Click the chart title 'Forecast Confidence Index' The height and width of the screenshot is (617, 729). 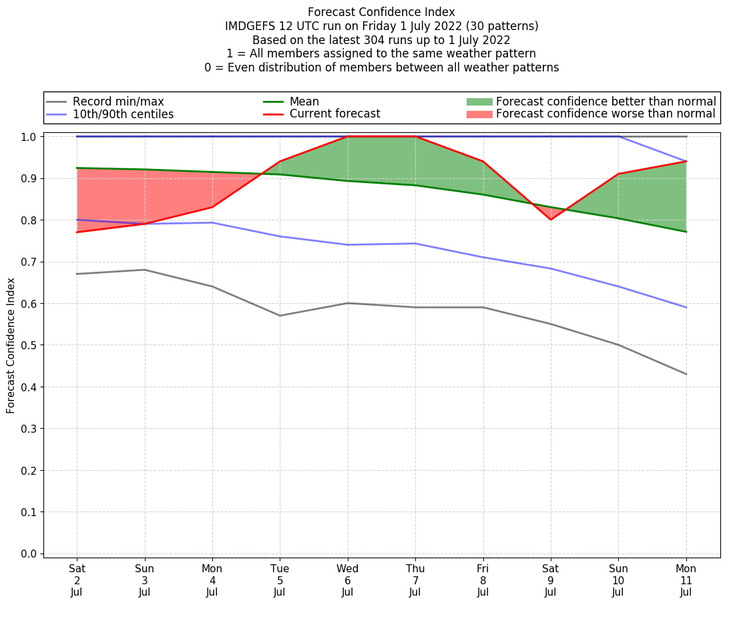(381, 12)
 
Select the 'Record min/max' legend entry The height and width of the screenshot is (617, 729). (118, 101)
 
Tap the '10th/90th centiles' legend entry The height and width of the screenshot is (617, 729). (123, 114)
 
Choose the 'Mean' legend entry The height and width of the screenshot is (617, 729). (304, 101)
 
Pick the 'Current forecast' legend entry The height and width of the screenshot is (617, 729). (334, 114)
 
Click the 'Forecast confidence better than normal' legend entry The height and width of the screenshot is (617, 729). (605, 101)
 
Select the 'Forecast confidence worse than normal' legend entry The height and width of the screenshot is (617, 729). (605, 114)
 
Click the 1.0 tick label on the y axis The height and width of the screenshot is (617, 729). (30, 136)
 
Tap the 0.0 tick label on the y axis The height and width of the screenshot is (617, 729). (30, 554)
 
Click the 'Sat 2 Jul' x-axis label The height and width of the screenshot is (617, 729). (77, 580)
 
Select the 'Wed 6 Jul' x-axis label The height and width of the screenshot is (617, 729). (347, 580)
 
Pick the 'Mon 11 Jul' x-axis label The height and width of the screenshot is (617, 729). (686, 580)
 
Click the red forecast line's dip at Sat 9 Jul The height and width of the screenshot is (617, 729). (551, 220)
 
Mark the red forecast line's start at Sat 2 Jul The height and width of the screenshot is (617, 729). (77, 232)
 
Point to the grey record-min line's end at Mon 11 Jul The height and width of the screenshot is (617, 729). (686, 374)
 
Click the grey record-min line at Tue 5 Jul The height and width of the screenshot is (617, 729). (280, 315)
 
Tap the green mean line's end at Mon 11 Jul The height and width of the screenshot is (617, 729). (686, 232)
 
